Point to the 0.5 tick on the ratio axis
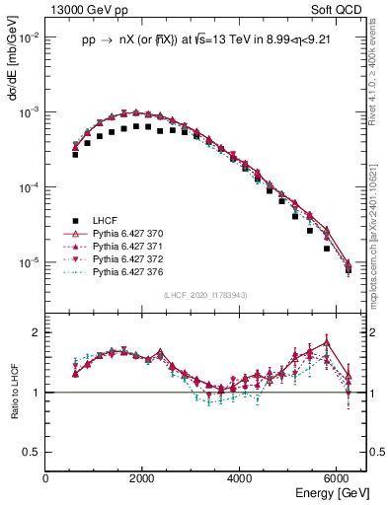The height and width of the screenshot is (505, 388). [32, 452]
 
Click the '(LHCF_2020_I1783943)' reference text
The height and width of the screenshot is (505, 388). [204, 295]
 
